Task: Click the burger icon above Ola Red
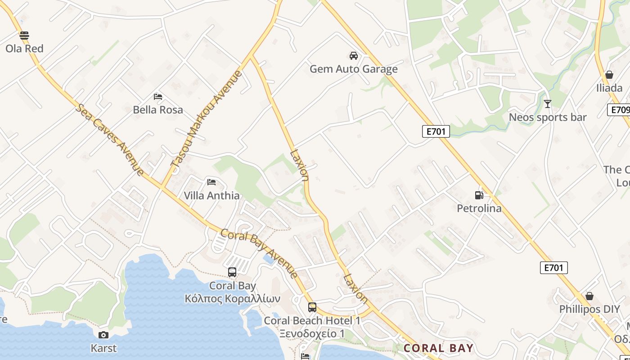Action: click(x=24, y=35)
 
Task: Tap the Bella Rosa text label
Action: click(x=158, y=109)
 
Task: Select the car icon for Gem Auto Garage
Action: click(x=354, y=56)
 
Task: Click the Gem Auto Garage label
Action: click(x=354, y=69)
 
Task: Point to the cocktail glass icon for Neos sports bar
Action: click(x=548, y=104)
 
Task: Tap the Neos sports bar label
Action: click(x=548, y=117)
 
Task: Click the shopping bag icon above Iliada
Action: click(x=609, y=75)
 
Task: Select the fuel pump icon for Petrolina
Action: click(x=479, y=195)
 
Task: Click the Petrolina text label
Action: click(x=479, y=208)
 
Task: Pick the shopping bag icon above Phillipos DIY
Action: click(x=589, y=296)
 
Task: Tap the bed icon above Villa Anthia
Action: click(x=211, y=182)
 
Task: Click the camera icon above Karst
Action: click(x=103, y=335)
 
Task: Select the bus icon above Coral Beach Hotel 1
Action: click(x=312, y=307)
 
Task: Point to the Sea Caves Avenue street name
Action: click(x=110, y=139)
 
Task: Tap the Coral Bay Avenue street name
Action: click(x=259, y=253)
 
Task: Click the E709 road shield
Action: click(x=619, y=110)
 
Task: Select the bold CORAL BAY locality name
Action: click(x=438, y=348)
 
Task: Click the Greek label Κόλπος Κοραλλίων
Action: click(x=233, y=298)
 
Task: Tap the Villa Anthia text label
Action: click(x=211, y=195)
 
